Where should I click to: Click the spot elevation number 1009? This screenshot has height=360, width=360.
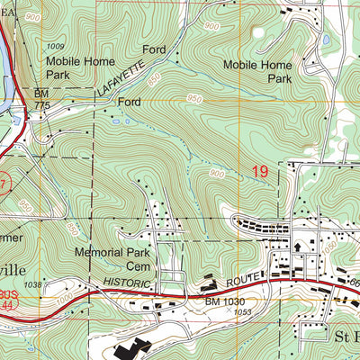[58, 46]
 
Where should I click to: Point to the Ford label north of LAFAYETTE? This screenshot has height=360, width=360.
[154, 49]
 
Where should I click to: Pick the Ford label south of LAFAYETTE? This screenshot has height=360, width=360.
[131, 103]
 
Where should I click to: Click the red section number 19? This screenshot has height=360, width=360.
[261, 168]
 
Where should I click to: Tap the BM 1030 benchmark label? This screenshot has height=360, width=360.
[226, 301]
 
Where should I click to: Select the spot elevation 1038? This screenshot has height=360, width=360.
[34, 285]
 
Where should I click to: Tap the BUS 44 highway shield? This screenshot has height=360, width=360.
[8, 300]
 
